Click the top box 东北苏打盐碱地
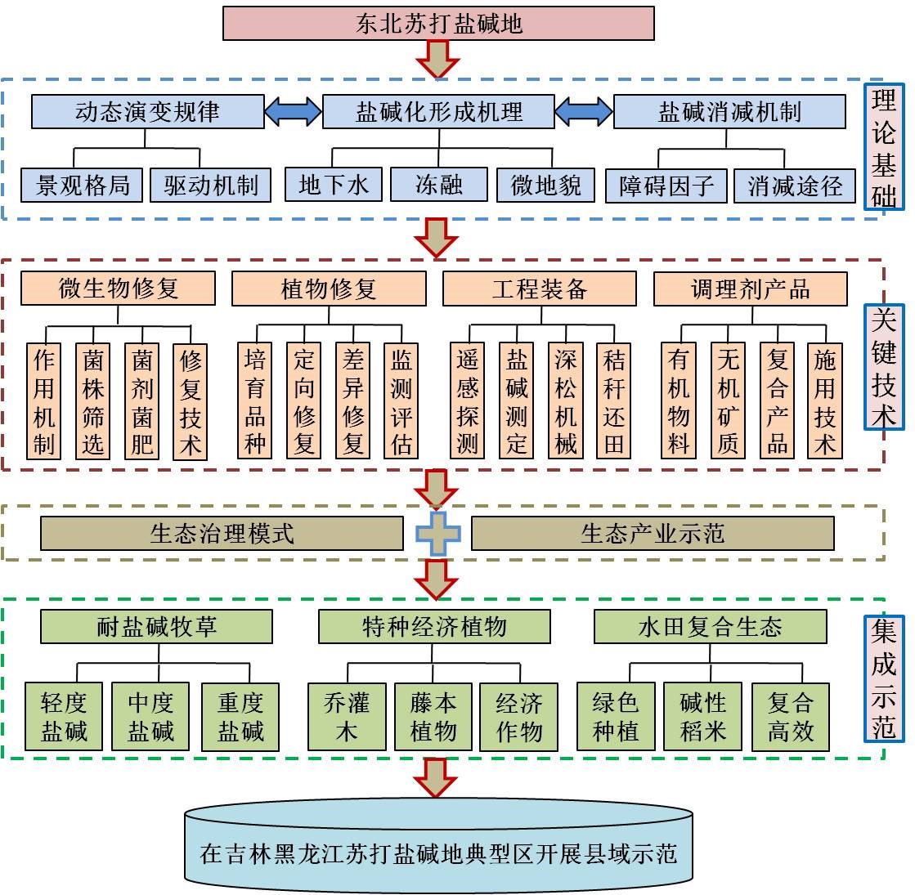(x=438, y=24)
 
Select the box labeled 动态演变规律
(x=147, y=112)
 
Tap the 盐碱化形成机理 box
(x=438, y=112)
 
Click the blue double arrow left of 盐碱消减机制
(x=584, y=111)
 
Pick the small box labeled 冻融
(x=438, y=185)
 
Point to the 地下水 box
(x=333, y=185)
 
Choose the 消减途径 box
(x=794, y=186)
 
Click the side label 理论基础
(x=884, y=147)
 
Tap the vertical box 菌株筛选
(x=93, y=401)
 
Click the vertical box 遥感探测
(x=467, y=401)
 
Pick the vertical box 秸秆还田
(x=613, y=401)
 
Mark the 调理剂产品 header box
(x=750, y=289)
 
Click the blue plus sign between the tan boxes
(x=437, y=534)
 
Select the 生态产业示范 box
(x=653, y=534)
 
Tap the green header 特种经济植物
(x=434, y=627)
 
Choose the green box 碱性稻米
(x=702, y=716)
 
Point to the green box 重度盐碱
(x=240, y=716)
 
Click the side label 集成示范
(x=884, y=678)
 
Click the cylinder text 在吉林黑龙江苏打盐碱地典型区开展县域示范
(x=438, y=853)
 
